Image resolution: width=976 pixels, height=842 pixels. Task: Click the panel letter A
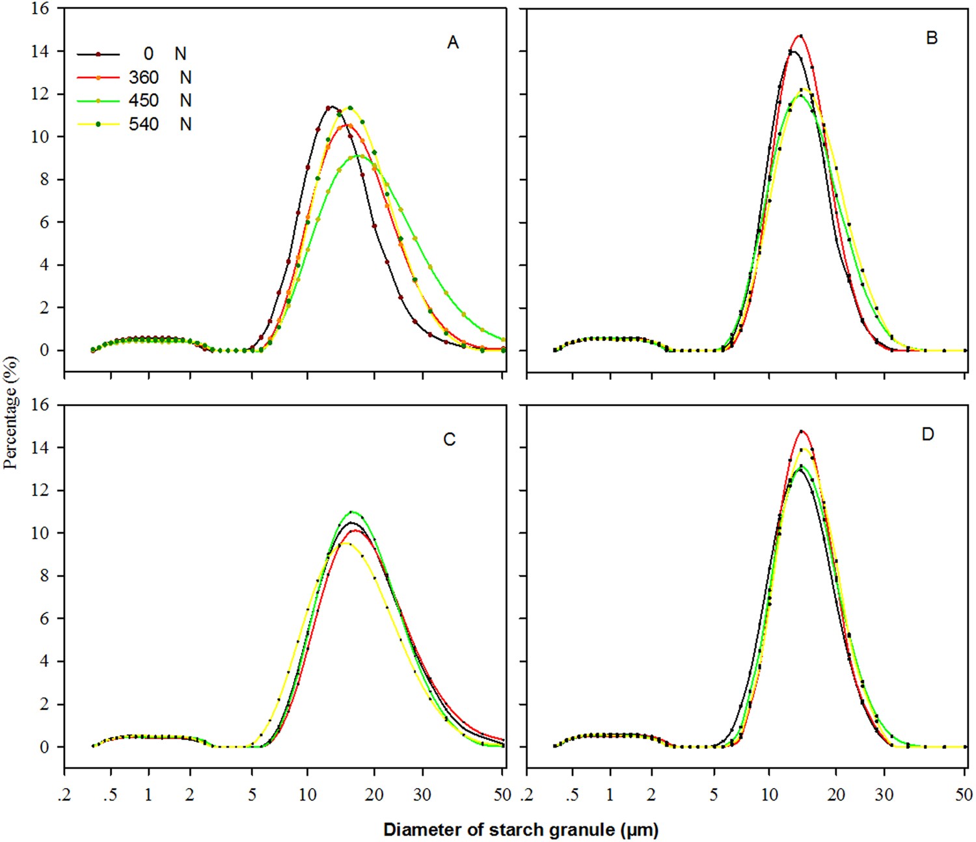[x=453, y=43]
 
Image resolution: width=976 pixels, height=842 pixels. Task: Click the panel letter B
[x=932, y=38]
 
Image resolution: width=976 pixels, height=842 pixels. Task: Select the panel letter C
[x=449, y=440]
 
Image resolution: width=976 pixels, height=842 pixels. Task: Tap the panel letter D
[x=928, y=434]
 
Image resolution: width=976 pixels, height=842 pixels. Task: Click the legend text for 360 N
[x=160, y=77]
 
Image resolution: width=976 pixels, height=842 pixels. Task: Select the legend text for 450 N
[x=160, y=101]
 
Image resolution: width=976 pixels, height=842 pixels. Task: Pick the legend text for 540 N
[x=160, y=124]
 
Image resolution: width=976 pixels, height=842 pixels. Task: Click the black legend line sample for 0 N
[x=98, y=54]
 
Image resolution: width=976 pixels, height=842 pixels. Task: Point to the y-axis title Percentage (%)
[x=10, y=413]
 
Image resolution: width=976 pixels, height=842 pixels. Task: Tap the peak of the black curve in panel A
[x=331, y=107]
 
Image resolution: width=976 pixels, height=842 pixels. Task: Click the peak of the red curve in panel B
[x=800, y=36]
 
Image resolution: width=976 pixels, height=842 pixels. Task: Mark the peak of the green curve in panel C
[x=352, y=511]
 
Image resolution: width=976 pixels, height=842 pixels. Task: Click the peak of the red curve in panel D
[x=801, y=431]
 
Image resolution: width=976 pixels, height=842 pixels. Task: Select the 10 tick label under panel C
[x=308, y=794]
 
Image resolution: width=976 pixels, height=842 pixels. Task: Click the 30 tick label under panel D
[x=884, y=794]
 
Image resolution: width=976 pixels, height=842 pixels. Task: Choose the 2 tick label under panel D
[x=651, y=794]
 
